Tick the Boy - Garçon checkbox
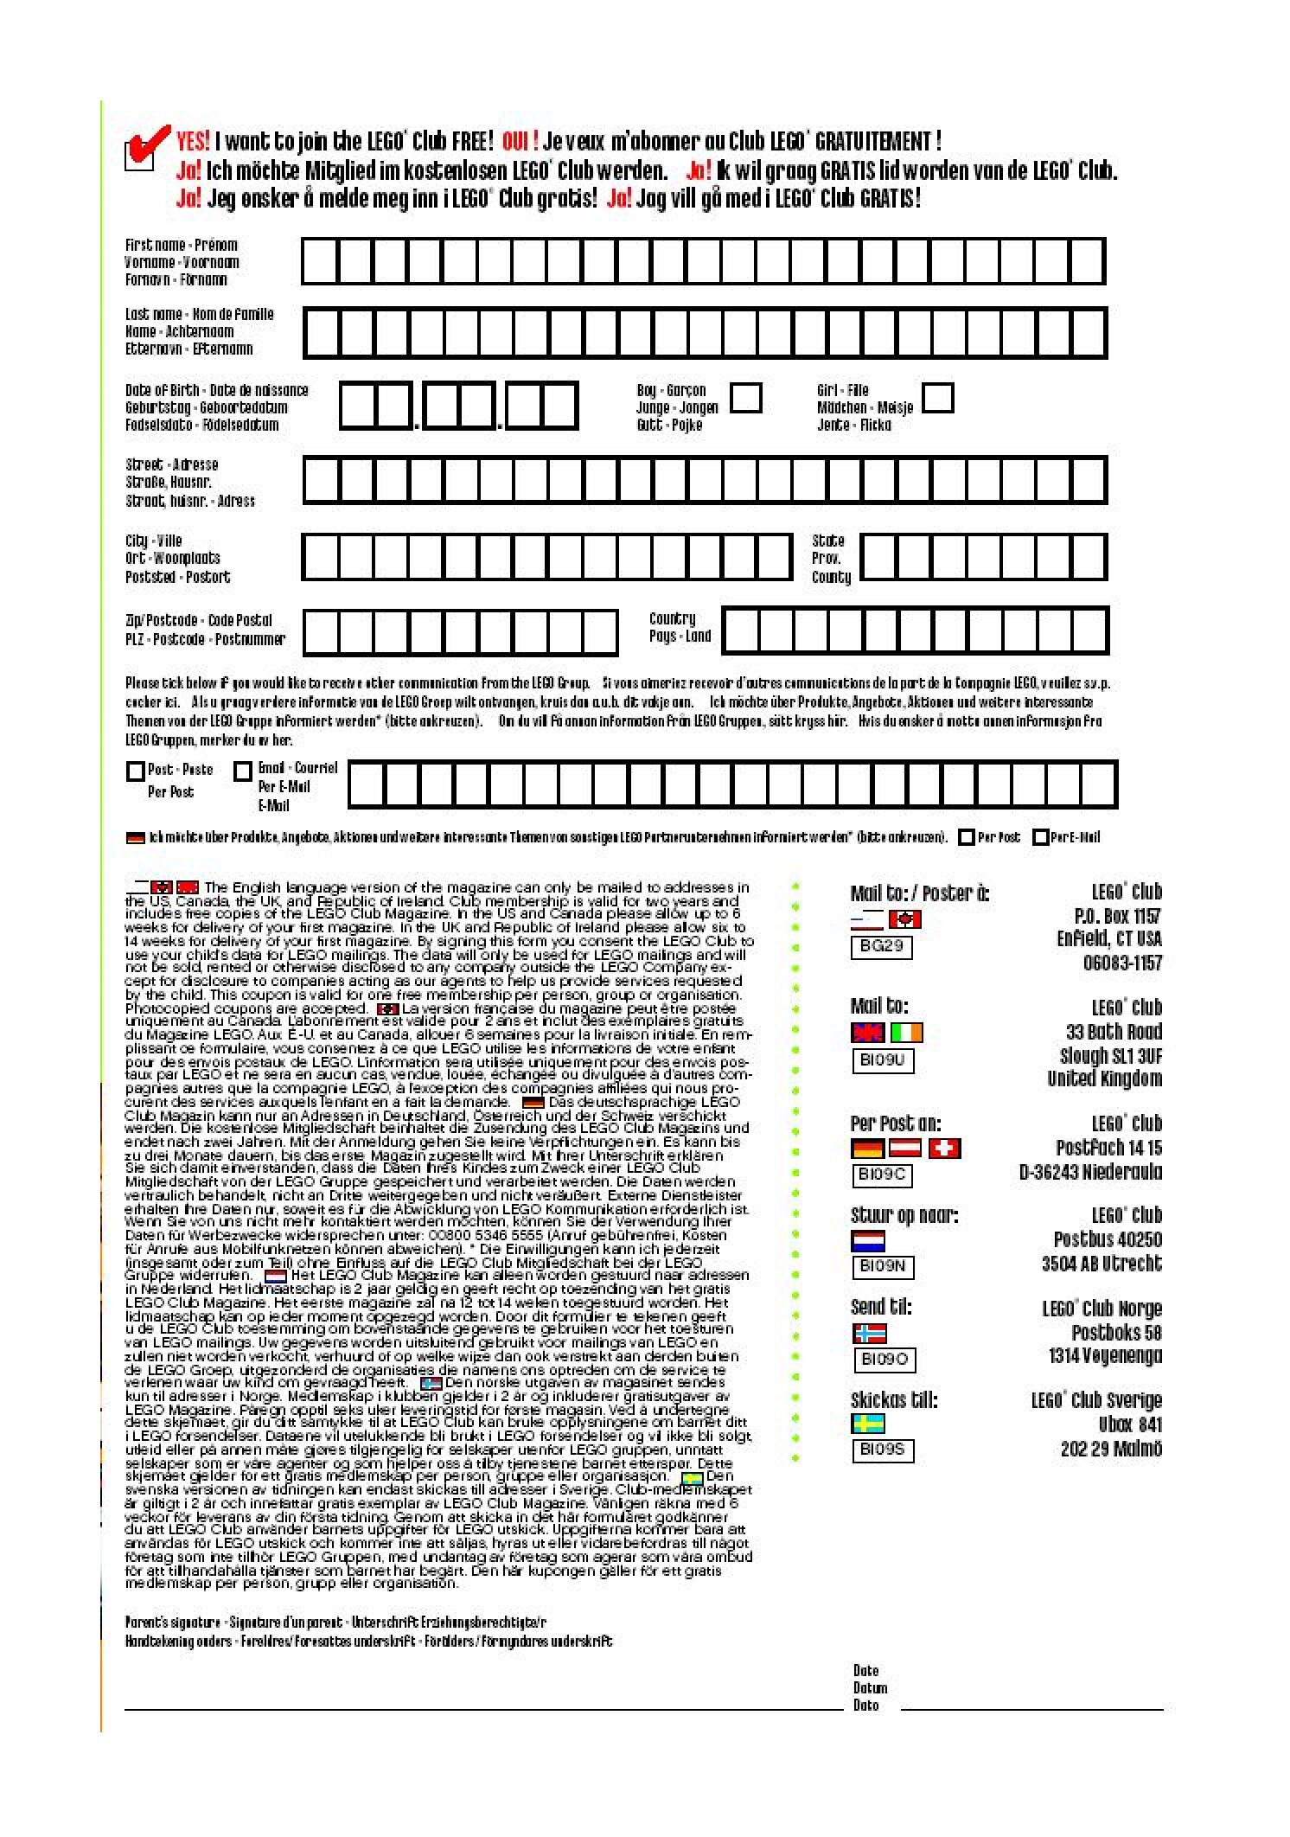[x=745, y=398]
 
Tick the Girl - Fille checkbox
[x=938, y=398]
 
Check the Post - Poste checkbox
[x=135, y=770]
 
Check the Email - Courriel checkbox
[x=244, y=770]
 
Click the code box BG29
[x=881, y=945]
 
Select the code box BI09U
[x=881, y=1059]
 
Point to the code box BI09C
[x=881, y=1175]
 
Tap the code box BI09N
[x=881, y=1265]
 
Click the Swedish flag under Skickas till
[x=868, y=1424]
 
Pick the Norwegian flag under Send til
[x=869, y=1333]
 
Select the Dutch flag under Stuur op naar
[x=868, y=1241]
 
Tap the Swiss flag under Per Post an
[x=944, y=1149]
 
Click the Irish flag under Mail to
[x=906, y=1033]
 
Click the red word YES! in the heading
[x=193, y=141]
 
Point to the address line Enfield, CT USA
[x=1108, y=938]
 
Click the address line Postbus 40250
[x=1107, y=1239]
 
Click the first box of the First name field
[x=320, y=261]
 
